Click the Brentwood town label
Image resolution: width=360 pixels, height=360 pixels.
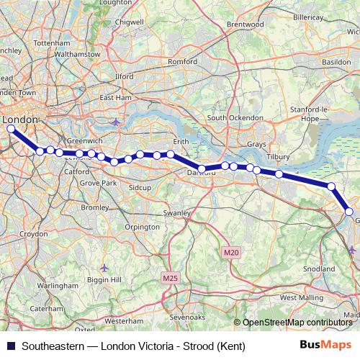242,24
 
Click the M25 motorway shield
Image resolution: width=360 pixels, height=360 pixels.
170,278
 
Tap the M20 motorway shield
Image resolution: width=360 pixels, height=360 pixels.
230,252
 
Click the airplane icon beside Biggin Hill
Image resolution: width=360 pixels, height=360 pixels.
104,268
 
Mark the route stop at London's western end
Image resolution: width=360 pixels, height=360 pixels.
10,129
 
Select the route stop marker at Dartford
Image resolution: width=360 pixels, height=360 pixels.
202,169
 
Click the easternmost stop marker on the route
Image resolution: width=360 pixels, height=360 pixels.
349,212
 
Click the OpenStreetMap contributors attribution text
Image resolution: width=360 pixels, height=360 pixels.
300,323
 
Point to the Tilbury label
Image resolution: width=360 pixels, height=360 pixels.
277,156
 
